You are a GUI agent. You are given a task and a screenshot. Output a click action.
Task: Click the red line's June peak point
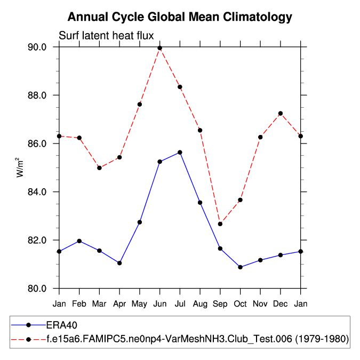159,48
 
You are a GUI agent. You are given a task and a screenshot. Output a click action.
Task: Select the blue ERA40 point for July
180,153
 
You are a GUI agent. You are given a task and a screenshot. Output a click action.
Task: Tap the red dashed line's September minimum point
220,224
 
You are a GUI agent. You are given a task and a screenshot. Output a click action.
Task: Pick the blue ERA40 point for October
240,267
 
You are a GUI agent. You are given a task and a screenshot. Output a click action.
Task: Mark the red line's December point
281,114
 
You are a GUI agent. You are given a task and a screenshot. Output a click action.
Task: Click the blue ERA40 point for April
119,263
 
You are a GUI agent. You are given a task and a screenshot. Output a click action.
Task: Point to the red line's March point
99,168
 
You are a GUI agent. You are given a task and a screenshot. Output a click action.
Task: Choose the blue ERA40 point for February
79,241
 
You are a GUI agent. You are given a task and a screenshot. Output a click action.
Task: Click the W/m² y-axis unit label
20,167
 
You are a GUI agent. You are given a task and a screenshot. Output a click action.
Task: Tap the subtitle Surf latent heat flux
106,36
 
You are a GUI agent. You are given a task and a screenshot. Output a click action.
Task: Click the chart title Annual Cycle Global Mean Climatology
180,17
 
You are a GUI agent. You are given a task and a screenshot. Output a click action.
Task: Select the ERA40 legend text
62,324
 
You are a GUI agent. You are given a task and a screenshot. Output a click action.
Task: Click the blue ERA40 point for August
200,203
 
